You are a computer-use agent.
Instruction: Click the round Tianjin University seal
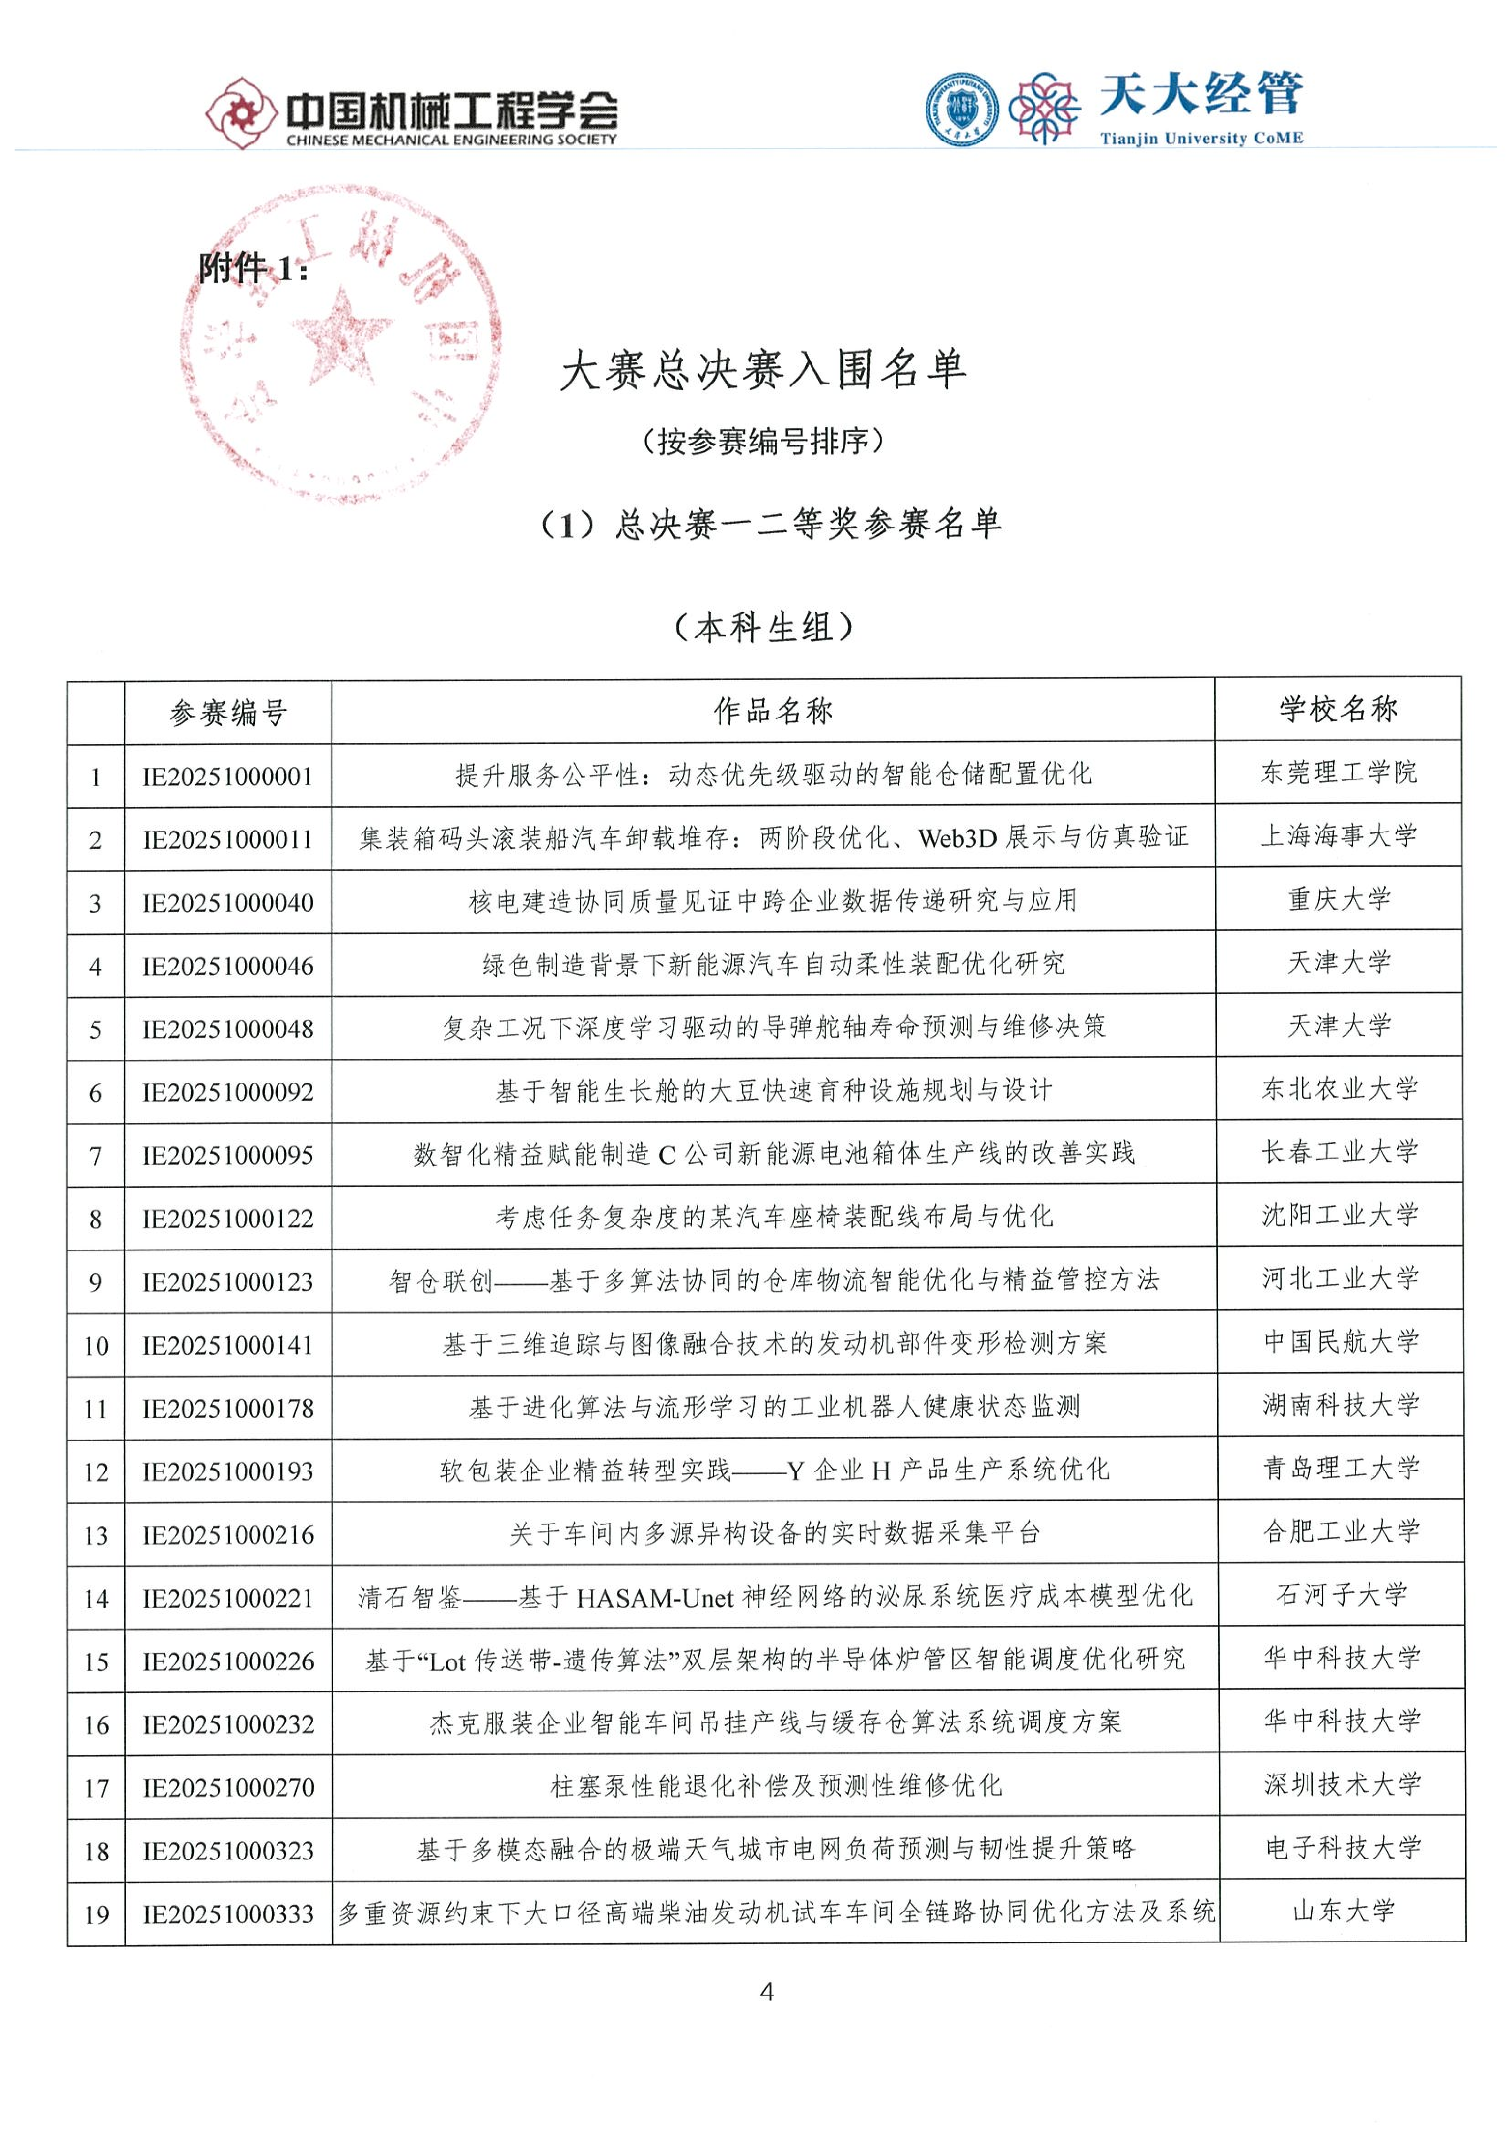962,110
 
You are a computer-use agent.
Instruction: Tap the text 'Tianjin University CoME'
1201,139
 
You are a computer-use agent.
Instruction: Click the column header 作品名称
772,712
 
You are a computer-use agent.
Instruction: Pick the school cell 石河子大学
1341,1595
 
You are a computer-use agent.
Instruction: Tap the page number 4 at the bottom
767,1992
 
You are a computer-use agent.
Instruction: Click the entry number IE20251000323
228,1851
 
